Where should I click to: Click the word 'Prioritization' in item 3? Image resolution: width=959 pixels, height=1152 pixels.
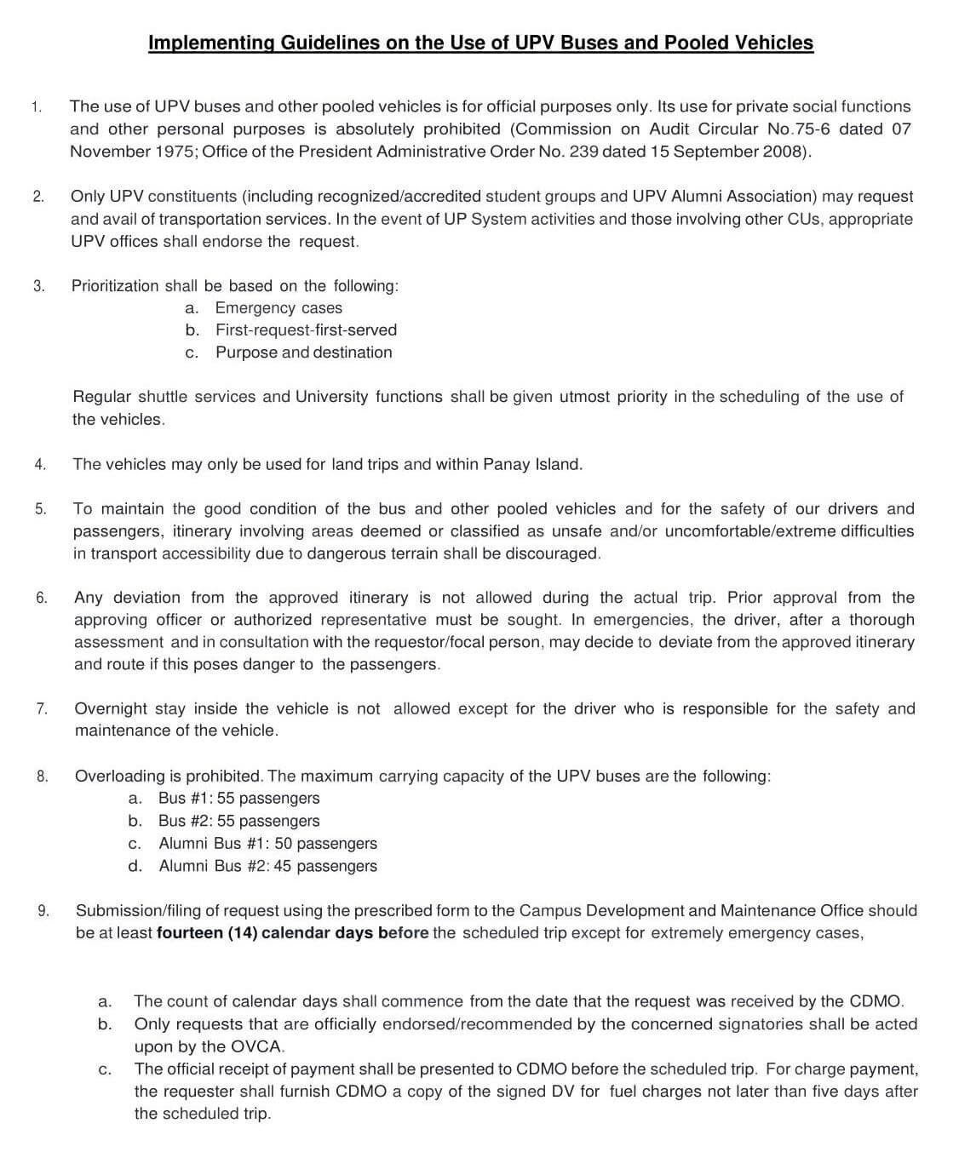pos(115,286)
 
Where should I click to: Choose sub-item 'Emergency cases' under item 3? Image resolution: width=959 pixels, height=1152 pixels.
pos(279,308)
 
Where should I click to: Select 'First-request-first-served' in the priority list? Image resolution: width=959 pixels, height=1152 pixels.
pos(306,330)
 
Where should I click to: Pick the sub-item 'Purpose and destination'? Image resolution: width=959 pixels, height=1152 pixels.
pos(303,352)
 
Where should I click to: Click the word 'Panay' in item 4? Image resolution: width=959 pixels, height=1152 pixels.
pos(506,465)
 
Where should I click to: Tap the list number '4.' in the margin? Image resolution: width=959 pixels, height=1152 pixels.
pos(40,465)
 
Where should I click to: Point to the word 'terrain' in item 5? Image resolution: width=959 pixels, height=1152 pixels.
pos(470,553)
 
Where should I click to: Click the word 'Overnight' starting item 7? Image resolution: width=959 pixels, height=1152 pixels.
pos(109,708)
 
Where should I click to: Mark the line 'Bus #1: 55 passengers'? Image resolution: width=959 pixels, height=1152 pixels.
pos(238,799)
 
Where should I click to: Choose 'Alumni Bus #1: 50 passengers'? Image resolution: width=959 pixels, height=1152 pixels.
pos(267,844)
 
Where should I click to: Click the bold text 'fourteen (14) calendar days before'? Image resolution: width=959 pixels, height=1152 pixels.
pos(293,933)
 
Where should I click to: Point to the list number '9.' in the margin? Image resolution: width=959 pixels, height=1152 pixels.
pos(43,911)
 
